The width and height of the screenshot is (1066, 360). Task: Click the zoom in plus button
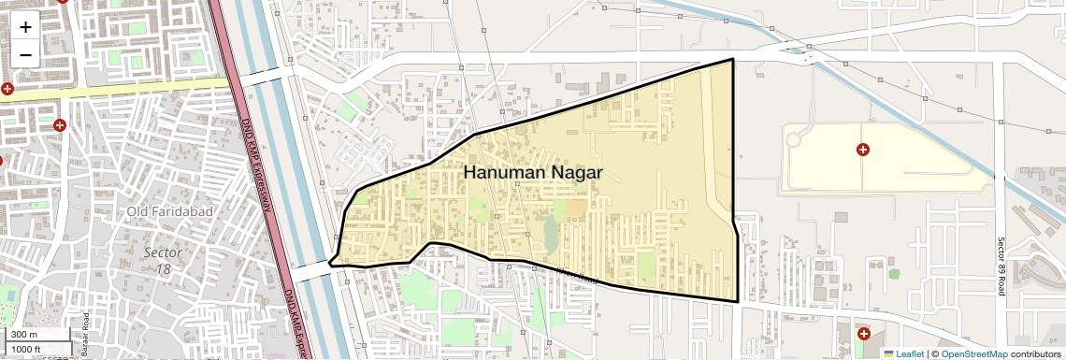click(x=25, y=27)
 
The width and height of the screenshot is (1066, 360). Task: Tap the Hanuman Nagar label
click(x=533, y=173)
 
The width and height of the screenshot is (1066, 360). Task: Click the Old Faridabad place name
click(x=170, y=211)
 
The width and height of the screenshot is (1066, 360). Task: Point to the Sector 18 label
click(x=163, y=261)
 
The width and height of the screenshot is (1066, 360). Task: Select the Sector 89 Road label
click(x=1001, y=266)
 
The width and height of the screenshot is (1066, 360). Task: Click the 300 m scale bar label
click(x=24, y=334)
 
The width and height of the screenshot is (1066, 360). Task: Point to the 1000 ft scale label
click(x=27, y=349)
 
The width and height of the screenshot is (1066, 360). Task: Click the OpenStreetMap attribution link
click(x=974, y=353)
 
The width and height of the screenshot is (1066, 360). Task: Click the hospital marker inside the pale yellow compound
click(x=863, y=150)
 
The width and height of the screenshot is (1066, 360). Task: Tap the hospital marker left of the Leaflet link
click(x=863, y=334)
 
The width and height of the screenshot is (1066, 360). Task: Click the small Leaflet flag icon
click(x=888, y=353)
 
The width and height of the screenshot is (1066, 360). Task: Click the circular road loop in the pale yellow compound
click(x=795, y=141)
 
